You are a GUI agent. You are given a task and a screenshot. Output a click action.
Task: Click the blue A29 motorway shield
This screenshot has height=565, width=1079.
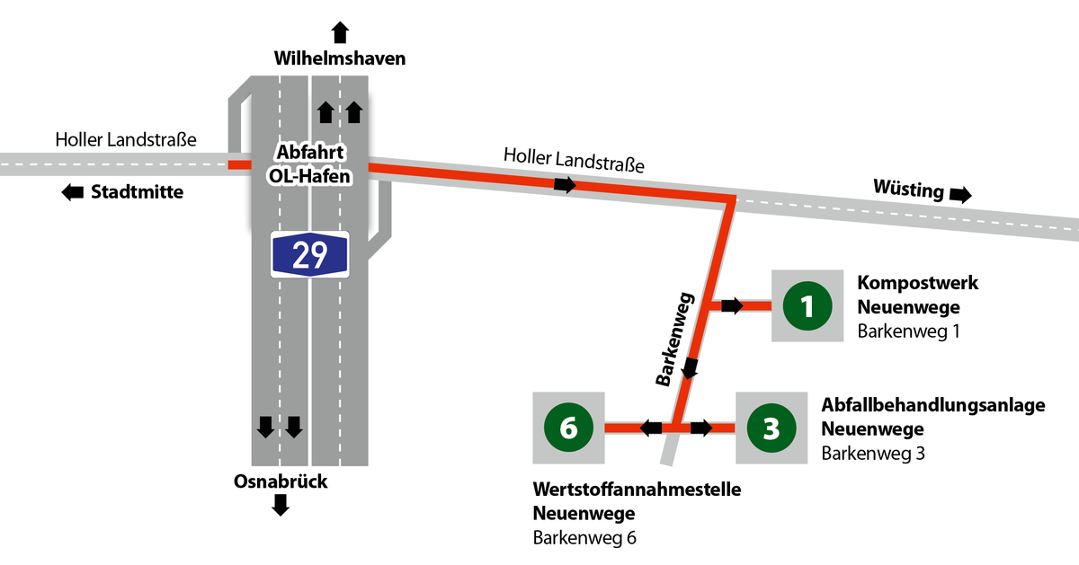tap(309, 254)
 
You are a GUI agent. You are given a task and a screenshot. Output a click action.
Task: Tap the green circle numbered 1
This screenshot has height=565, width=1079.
tap(807, 306)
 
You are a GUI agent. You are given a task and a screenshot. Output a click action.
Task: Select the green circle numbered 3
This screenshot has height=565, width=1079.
tap(771, 428)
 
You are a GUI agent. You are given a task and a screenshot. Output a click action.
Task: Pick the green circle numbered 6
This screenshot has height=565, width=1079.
tap(568, 428)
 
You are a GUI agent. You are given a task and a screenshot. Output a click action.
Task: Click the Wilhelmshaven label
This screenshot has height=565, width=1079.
tap(340, 58)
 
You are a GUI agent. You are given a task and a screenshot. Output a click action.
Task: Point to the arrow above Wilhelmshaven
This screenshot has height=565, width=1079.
tap(340, 32)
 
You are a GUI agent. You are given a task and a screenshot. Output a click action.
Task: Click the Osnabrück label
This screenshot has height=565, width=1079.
tap(281, 481)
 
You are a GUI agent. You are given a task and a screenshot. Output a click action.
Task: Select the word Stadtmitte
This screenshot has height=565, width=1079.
tap(138, 192)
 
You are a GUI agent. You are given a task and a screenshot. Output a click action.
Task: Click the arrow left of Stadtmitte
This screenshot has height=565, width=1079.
tap(73, 192)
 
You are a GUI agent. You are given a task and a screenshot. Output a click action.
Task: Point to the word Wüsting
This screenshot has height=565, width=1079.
tap(908, 189)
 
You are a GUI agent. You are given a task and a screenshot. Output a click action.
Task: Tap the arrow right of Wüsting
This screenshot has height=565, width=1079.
tap(960, 195)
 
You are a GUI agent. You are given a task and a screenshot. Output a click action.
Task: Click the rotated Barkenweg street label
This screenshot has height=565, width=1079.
tap(675, 339)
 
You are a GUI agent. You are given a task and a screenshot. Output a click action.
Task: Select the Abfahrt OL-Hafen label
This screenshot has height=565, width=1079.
tap(309, 164)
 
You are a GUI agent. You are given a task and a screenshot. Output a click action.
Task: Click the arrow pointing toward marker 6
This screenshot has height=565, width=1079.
tap(651, 428)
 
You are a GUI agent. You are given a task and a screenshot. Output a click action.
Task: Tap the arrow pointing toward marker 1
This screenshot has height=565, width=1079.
tap(732, 305)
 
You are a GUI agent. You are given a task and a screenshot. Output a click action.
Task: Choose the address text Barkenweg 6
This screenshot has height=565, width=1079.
tap(584, 538)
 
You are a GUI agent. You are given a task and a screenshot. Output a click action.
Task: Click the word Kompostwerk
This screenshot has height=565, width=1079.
tap(918, 283)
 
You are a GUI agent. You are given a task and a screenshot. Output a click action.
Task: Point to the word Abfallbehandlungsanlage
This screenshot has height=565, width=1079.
tap(933, 405)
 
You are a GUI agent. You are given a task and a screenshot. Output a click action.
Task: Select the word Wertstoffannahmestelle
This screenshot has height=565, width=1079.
tap(637, 490)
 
